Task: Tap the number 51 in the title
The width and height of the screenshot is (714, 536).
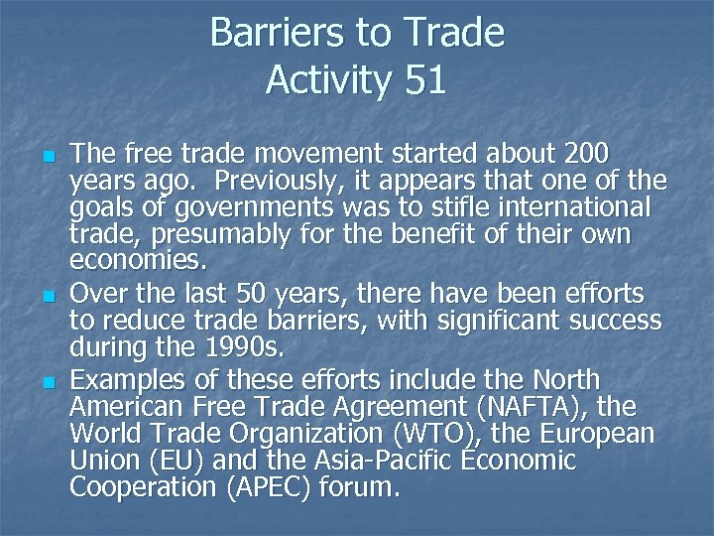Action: pos(425,80)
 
